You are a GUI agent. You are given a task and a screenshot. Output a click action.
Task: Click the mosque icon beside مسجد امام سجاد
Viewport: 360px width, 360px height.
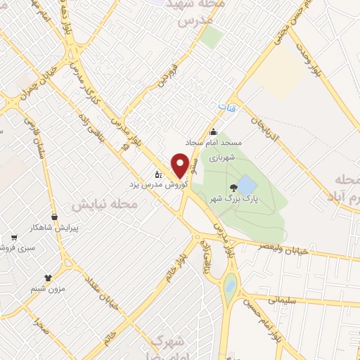coord(214,132)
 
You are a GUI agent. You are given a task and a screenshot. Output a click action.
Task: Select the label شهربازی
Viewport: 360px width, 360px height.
coord(226,158)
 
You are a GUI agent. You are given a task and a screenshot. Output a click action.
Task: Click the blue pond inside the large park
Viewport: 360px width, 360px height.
coord(247,186)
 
